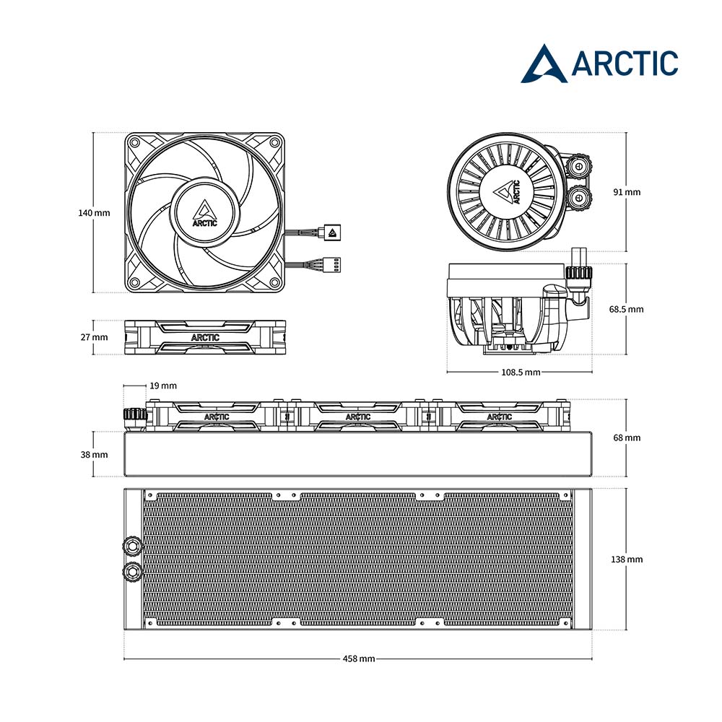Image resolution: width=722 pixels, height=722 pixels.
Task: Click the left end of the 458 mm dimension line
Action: tap(124, 658)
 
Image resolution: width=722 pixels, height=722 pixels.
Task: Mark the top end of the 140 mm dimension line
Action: tap(94, 133)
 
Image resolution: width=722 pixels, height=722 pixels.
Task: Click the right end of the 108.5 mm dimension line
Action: tap(592, 372)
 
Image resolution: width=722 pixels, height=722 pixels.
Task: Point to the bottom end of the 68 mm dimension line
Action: tap(626, 476)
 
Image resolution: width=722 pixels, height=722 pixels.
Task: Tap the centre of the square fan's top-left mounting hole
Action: tap(135, 143)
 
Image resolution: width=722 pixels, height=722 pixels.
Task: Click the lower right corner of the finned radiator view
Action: tap(592, 630)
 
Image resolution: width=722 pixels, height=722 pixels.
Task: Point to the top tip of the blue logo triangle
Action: tap(545, 45)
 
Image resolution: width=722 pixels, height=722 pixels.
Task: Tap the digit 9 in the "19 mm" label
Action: tap(157, 386)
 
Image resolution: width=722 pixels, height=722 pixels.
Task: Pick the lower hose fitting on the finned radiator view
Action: tap(133, 571)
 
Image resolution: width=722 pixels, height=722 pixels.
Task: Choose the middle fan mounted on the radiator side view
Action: tap(358, 417)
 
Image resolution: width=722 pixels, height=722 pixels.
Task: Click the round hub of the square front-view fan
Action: tap(205, 213)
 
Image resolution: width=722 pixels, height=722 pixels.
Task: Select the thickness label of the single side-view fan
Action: tap(95, 337)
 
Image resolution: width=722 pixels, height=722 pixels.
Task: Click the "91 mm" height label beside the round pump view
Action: tap(627, 192)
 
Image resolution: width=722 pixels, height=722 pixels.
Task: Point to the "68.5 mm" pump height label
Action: tap(626, 309)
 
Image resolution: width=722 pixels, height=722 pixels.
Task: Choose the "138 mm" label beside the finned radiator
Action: tap(627, 559)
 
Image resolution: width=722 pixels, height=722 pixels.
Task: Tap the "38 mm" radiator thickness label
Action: tap(95, 454)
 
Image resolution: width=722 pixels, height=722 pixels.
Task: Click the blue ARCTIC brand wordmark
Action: tap(625, 64)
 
